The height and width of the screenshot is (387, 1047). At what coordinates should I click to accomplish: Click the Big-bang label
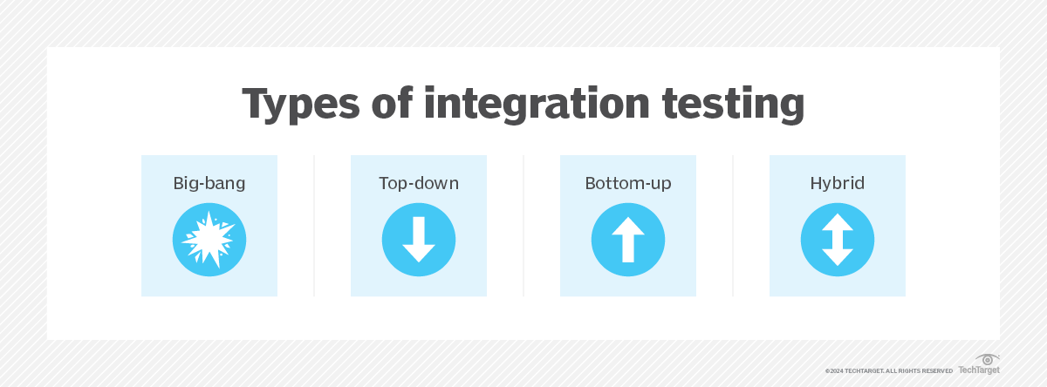[x=209, y=184]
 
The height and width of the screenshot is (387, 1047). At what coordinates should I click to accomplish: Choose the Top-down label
[x=419, y=184]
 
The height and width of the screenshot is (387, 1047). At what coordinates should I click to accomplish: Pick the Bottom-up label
[x=628, y=184]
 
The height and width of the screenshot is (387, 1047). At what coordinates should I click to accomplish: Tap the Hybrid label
[x=838, y=184]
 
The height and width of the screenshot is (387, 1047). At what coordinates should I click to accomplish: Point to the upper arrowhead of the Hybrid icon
[x=838, y=223]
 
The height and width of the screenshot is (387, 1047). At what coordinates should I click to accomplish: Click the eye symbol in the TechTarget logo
[x=987, y=360]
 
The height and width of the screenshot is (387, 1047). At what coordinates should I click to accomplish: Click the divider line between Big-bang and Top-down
[x=314, y=226]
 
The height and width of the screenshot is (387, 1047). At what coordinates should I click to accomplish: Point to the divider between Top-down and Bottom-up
[x=523, y=226]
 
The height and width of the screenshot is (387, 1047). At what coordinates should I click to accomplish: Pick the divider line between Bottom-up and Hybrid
[x=733, y=226]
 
